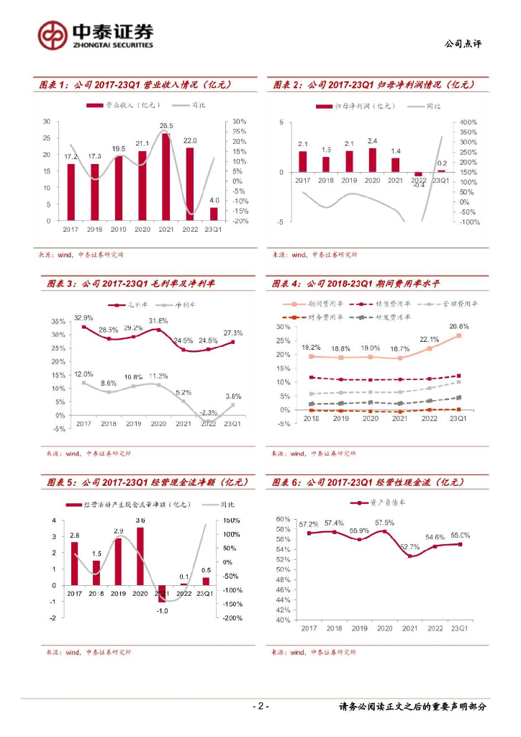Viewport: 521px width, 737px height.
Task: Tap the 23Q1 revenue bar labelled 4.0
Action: coord(214,214)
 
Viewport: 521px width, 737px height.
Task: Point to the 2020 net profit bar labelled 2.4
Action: coord(372,159)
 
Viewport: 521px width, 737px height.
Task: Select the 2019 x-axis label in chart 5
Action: coord(117,594)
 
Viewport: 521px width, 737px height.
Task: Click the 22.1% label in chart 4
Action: coord(430,339)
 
